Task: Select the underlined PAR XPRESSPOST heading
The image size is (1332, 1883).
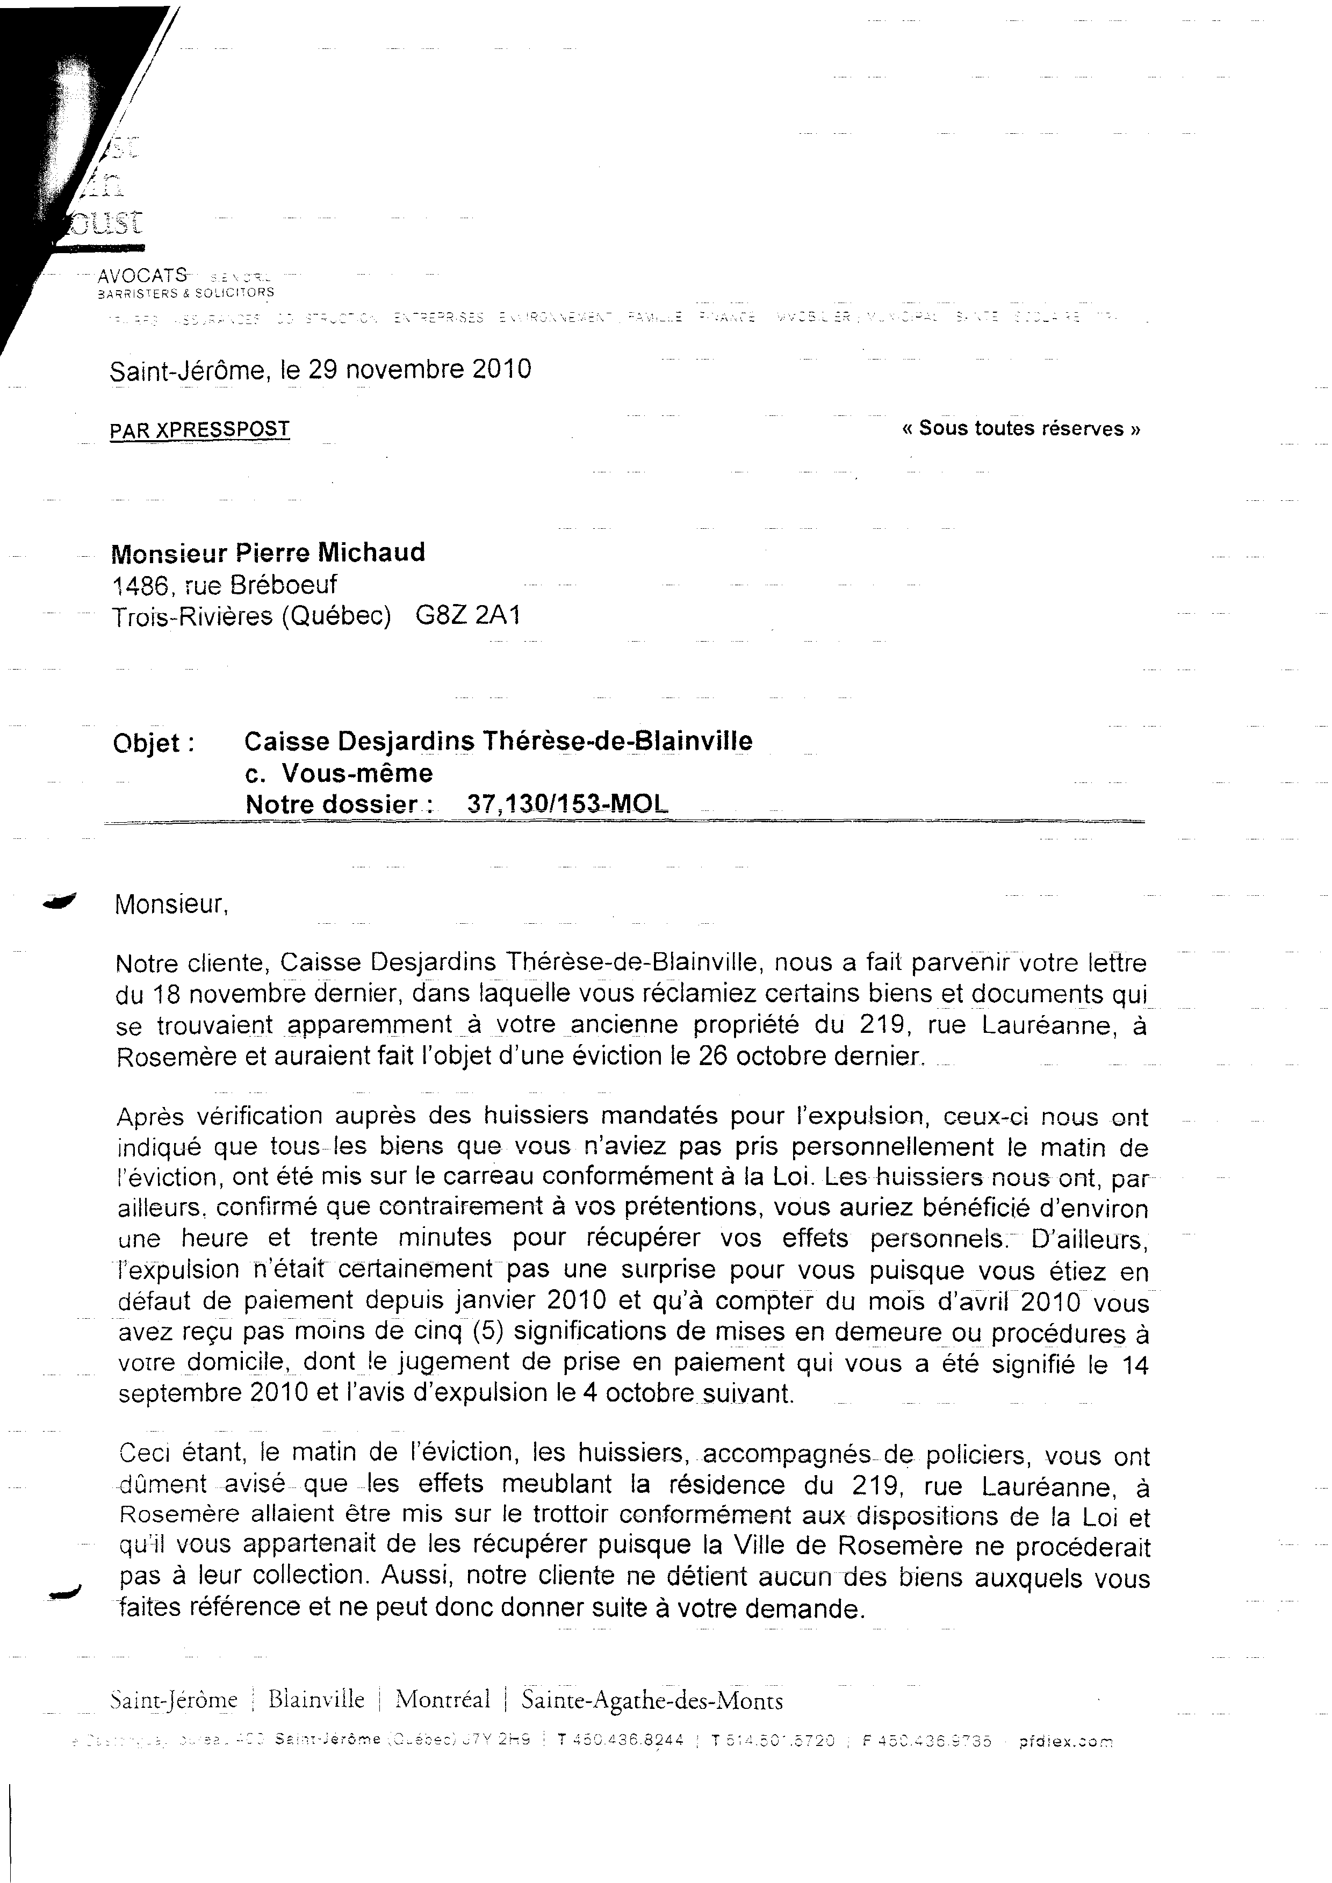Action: (x=199, y=429)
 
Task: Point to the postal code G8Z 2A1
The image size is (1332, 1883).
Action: (x=467, y=615)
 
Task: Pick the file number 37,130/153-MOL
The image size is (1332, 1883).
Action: (x=567, y=804)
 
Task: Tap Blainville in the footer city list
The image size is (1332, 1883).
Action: (x=316, y=1699)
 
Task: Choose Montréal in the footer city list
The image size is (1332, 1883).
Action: (x=442, y=1699)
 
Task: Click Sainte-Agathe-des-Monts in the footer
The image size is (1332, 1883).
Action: (x=652, y=1700)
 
